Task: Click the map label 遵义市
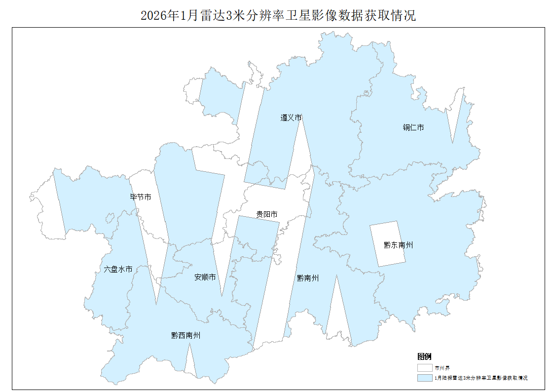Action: point(291,118)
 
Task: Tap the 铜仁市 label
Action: point(413,127)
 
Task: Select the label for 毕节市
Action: point(141,197)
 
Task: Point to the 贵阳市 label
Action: point(266,214)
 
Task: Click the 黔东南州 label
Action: point(398,245)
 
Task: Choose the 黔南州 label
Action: point(307,278)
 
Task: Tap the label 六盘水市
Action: point(118,270)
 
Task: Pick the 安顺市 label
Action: point(205,277)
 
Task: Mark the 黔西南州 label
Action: point(185,336)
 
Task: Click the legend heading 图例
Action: point(424,356)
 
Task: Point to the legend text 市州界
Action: point(442,368)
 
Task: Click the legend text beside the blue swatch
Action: point(481,378)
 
